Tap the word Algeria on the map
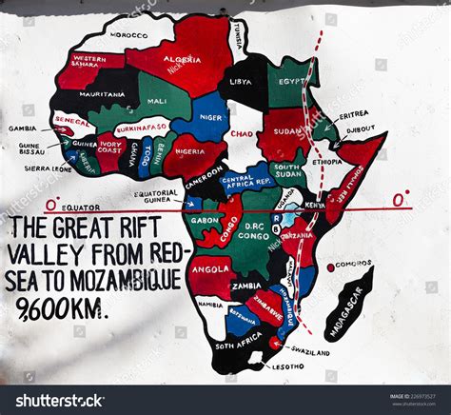point(182,59)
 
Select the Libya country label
point(242,81)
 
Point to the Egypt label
point(292,83)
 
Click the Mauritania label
point(102,95)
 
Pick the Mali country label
point(157,101)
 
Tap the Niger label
point(212,118)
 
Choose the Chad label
point(242,134)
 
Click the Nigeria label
point(190,151)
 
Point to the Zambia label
point(246,286)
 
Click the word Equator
point(81,207)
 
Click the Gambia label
point(23,128)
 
